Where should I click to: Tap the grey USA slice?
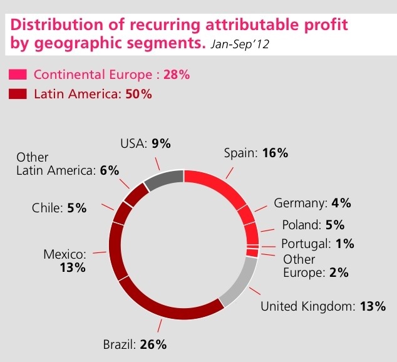163,180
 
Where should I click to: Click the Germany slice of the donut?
247,214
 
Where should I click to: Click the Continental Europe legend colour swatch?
18,75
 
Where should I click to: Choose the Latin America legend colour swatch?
18,95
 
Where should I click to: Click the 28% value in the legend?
176,75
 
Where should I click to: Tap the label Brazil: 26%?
134,344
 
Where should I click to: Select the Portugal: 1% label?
317,244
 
